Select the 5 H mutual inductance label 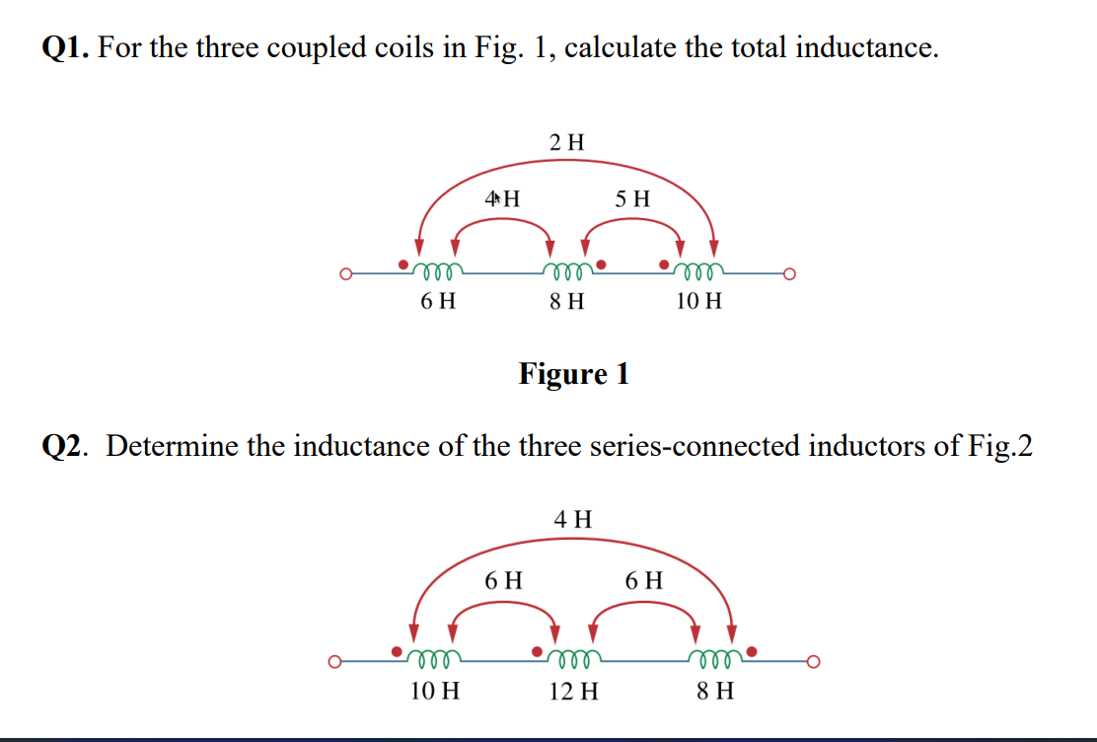632,197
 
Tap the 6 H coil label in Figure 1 438,300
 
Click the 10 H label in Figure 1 699,300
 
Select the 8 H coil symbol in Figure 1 567,268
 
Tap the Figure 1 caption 573,374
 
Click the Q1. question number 66,47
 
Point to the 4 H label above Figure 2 573,518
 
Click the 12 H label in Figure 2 573,691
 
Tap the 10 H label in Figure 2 434,691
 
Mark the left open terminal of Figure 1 345,273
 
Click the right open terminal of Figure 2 813,661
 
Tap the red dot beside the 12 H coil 538,652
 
